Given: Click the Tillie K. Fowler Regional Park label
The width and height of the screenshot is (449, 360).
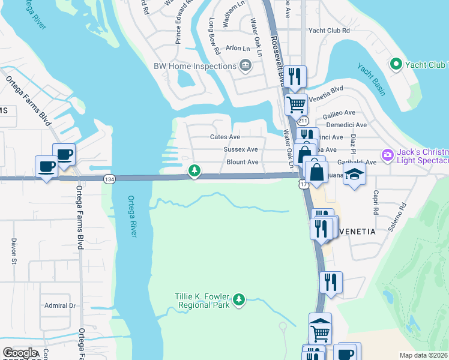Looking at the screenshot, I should point(202,300).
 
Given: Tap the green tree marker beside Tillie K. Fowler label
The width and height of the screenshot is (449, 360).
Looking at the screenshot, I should point(239,299).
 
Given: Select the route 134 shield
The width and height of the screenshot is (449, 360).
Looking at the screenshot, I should point(109,179).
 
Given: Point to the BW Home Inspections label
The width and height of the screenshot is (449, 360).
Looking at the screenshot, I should point(193,66).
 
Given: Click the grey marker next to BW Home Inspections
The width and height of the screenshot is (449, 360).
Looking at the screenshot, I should point(245,65).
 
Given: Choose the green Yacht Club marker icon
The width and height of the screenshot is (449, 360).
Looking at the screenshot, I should point(396,64).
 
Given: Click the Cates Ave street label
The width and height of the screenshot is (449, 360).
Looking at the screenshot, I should point(225,137).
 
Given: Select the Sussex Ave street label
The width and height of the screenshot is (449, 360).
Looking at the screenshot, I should point(241,149).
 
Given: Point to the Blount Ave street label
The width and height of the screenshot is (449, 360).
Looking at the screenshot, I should point(243,162).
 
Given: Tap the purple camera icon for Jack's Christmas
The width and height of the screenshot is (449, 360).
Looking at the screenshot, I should point(388,155).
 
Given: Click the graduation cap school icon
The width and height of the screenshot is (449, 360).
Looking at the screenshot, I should point(355,174).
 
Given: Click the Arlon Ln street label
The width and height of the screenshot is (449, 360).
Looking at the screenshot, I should point(237,48).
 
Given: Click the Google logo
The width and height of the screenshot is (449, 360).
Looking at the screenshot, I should point(20,353).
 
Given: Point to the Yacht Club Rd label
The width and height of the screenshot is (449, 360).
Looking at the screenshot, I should point(328,30).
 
